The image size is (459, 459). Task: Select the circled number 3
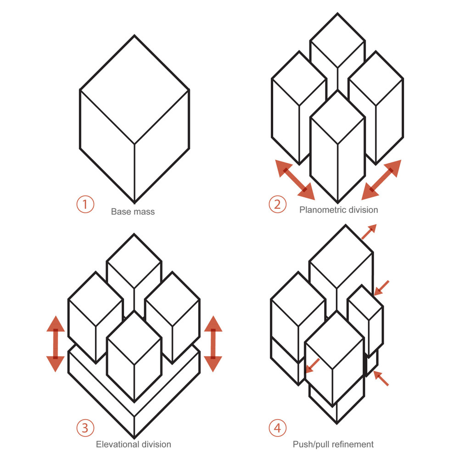coord(85,428)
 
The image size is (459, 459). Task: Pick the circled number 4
coord(277,428)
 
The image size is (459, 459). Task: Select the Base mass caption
coord(133,212)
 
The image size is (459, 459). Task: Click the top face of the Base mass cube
coord(134,90)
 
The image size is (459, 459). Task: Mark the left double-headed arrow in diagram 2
coord(295,179)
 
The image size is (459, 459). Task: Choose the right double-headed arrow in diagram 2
coord(381,179)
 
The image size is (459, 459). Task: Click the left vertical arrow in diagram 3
coord(56,344)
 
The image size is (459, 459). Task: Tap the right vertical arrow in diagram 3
coord(213,344)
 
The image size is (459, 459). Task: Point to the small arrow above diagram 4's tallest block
coord(369,232)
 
